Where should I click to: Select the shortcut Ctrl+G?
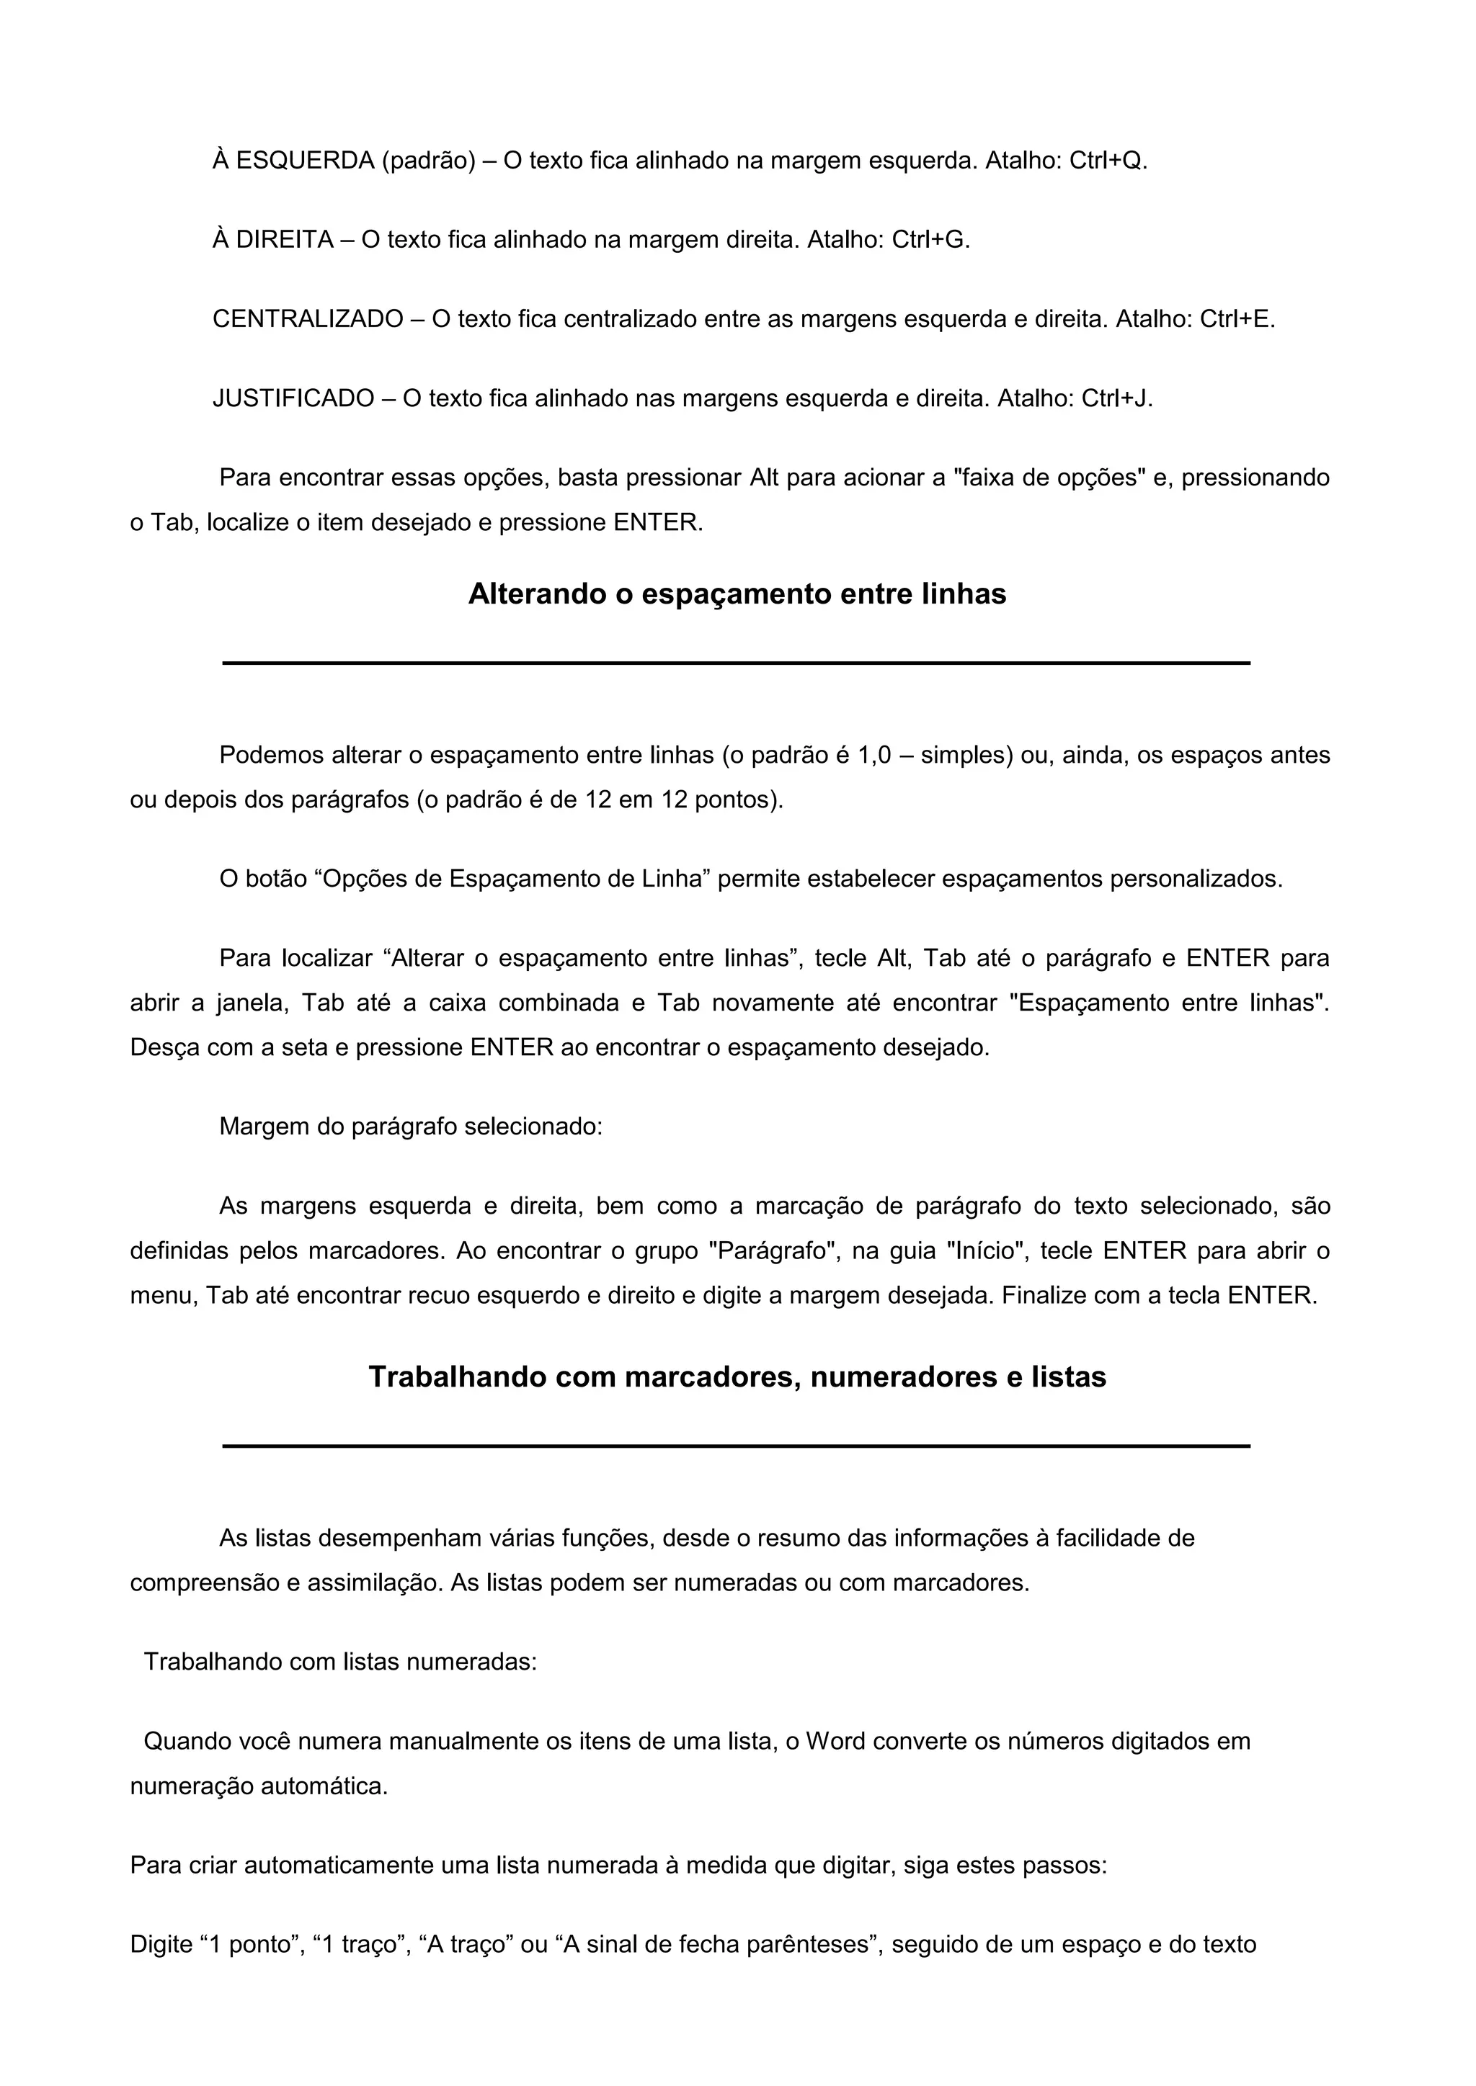930,240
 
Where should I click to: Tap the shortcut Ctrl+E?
1236,319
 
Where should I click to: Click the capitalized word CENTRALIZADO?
308,319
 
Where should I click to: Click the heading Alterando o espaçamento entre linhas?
737,594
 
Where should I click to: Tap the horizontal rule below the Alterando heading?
737,663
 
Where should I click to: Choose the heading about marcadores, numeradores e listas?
737,1377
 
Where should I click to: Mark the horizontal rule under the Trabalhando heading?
737,1446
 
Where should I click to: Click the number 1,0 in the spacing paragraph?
874,755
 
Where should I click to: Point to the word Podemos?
271,755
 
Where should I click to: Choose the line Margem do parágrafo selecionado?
411,1127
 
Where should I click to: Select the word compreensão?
205,1583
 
